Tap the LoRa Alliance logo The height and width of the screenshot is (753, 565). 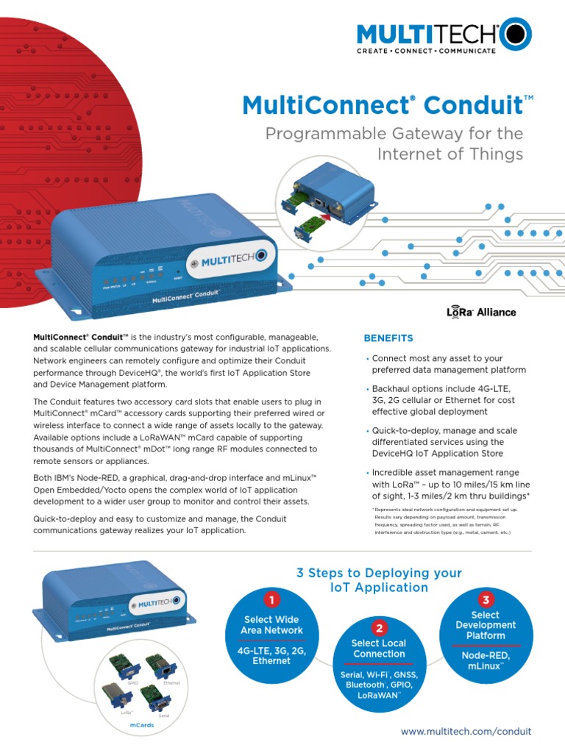[481, 312]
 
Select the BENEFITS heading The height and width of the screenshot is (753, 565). [388, 338]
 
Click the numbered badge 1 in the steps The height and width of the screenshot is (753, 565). [271, 599]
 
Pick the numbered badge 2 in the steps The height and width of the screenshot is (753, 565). [379, 627]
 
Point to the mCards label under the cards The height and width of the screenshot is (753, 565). [141, 725]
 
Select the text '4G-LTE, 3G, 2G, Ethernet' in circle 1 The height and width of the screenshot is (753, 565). [271, 655]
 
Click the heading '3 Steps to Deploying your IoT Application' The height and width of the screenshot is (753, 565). [379, 579]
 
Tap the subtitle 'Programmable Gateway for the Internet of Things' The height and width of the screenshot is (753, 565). [394, 144]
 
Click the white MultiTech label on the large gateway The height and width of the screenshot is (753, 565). [230, 262]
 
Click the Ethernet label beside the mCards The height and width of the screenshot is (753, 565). [171, 684]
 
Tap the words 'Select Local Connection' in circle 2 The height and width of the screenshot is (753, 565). [379, 649]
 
